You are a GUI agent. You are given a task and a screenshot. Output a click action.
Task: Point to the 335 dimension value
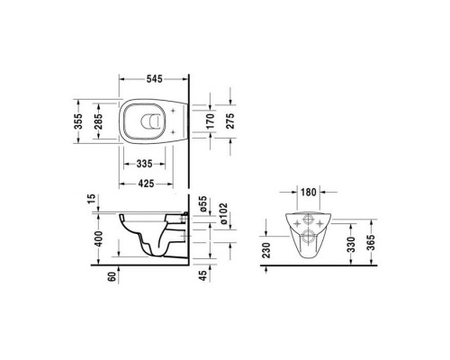[x=144, y=165]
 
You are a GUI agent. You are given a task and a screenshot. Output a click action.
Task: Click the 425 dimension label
[x=144, y=184]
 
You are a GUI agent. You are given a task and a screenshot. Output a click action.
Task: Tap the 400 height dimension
[x=101, y=238]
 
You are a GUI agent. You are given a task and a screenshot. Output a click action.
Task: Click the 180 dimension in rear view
[x=309, y=193]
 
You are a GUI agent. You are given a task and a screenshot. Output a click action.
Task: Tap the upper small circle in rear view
[x=309, y=220]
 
